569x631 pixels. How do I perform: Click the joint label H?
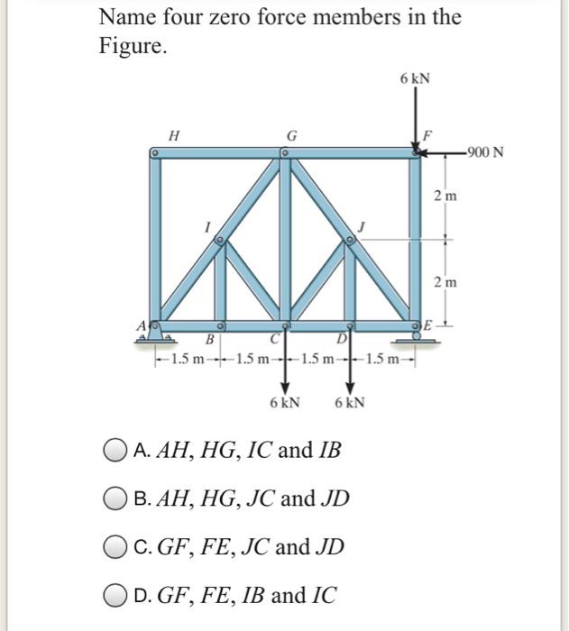173,135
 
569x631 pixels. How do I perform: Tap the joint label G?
290,136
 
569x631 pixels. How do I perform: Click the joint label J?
361,225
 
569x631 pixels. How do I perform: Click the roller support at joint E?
417,335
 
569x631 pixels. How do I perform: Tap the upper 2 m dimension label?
445,196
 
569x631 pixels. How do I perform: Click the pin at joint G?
284,154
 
